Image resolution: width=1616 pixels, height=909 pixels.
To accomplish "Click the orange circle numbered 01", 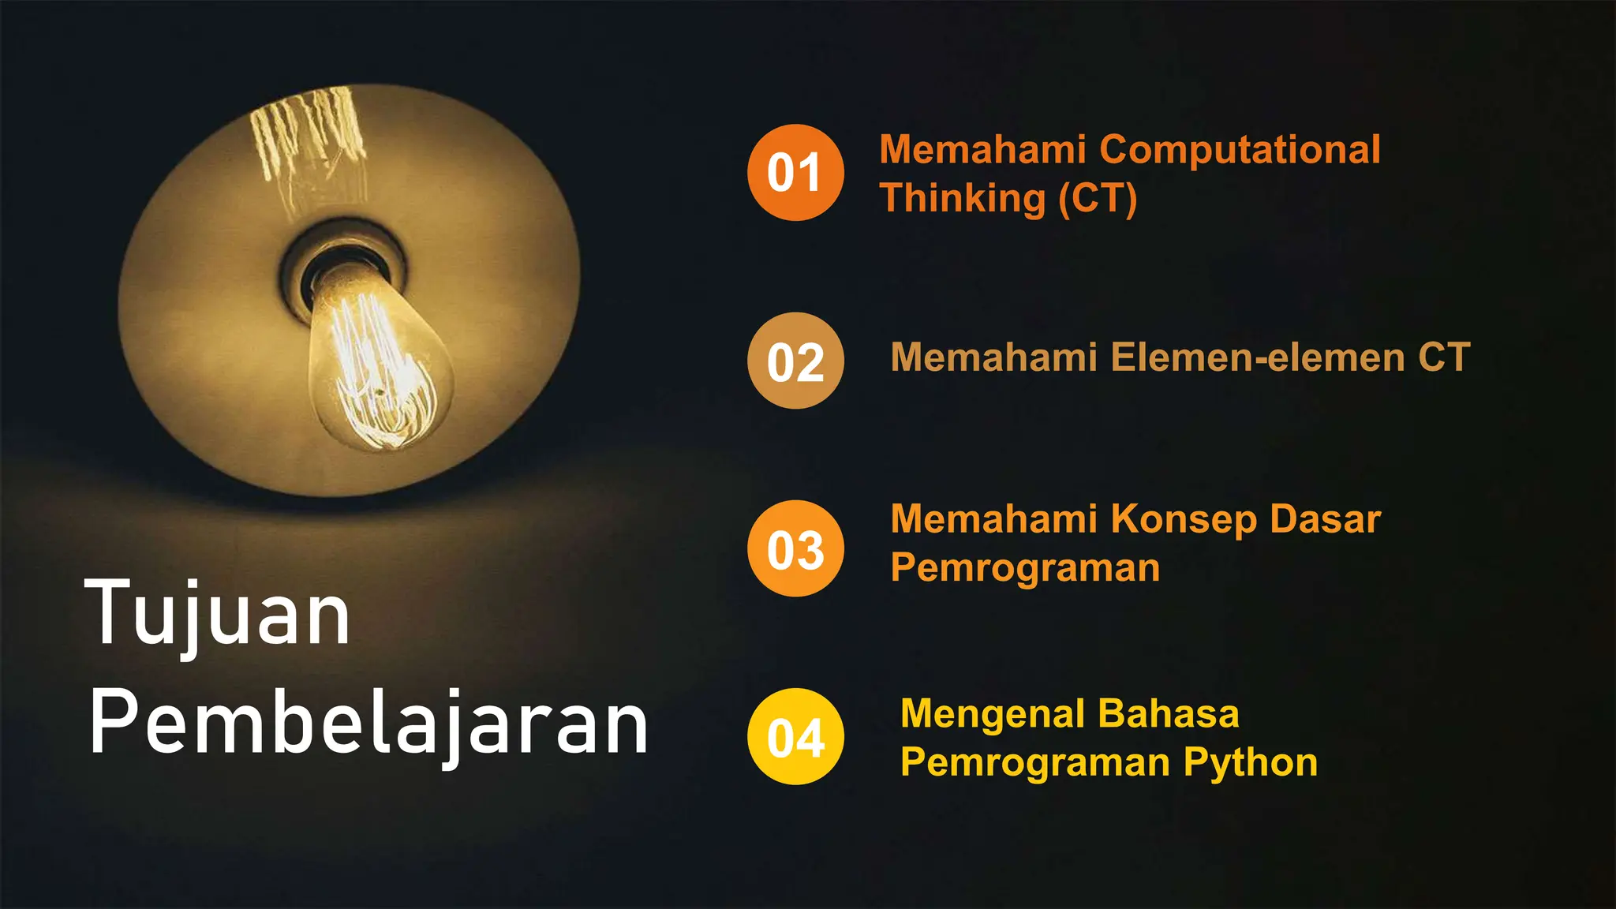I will point(795,172).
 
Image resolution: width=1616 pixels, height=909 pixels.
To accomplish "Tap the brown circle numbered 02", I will point(795,361).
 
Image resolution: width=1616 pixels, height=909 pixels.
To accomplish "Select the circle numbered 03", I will point(795,548).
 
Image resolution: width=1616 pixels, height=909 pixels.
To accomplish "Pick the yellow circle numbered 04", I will point(795,736).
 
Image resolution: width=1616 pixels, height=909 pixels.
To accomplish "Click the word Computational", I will point(1240,150).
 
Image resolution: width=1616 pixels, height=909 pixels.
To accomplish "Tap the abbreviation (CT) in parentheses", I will point(1098,198).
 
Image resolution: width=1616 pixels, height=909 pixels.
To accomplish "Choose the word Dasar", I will point(1326,519).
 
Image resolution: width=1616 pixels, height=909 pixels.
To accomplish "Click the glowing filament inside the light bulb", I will point(380,371).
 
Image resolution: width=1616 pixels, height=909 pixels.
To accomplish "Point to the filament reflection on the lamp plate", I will point(308,134).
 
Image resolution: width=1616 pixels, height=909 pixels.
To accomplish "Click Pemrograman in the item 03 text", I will point(1025,568).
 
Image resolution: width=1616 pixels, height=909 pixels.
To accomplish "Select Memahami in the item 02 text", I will point(993,357).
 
